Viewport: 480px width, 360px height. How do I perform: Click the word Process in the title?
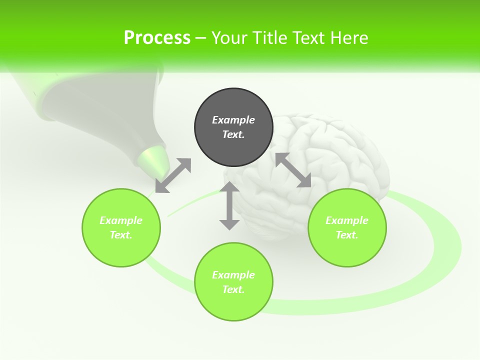pyautogui.click(x=157, y=38)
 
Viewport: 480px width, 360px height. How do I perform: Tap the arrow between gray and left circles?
pyautogui.click(x=173, y=175)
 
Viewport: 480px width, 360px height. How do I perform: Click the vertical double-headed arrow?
pyautogui.click(x=229, y=205)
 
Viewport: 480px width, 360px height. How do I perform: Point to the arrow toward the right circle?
pyautogui.click(x=293, y=170)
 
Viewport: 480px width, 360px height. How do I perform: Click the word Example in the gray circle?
pyautogui.click(x=233, y=120)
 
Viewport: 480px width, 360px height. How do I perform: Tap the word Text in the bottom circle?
pyautogui.click(x=233, y=289)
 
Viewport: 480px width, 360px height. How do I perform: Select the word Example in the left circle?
pyautogui.click(x=121, y=220)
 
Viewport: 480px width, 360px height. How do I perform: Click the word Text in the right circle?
pyautogui.click(x=347, y=235)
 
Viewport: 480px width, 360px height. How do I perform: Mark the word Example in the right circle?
pyautogui.click(x=347, y=220)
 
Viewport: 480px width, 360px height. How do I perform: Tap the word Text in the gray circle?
pyautogui.click(x=233, y=134)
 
